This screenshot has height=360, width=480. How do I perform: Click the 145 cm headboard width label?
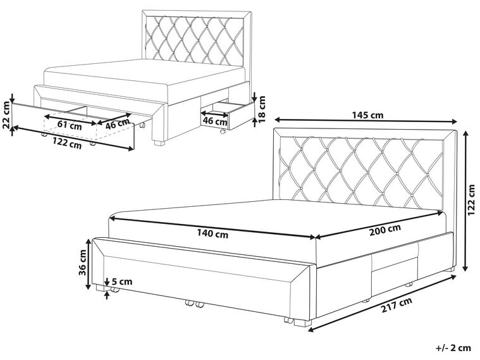click(x=367, y=115)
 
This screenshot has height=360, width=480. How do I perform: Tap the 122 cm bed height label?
click(x=473, y=201)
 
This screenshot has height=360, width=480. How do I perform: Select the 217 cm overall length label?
click(x=397, y=304)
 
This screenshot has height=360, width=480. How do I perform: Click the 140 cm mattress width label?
click(x=212, y=234)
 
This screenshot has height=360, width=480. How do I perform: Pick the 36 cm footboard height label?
click(x=83, y=263)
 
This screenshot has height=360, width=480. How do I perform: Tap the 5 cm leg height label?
click(x=122, y=282)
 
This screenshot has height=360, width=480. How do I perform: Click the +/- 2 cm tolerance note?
click(x=453, y=348)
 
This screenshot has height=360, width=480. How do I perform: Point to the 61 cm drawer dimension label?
click(x=70, y=125)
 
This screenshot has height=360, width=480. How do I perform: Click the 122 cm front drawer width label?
click(x=67, y=144)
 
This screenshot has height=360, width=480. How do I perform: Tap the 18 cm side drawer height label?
click(x=262, y=109)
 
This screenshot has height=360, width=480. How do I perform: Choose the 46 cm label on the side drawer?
click(x=215, y=121)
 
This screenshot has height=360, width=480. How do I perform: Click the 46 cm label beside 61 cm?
click(x=117, y=123)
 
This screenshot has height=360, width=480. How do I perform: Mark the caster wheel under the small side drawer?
click(x=222, y=132)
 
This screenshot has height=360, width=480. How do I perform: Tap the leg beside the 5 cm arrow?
click(x=100, y=288)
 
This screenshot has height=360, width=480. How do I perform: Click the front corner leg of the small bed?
click(x=159, y=143)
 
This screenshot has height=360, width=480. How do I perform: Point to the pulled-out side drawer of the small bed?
click(x=228, y=115)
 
